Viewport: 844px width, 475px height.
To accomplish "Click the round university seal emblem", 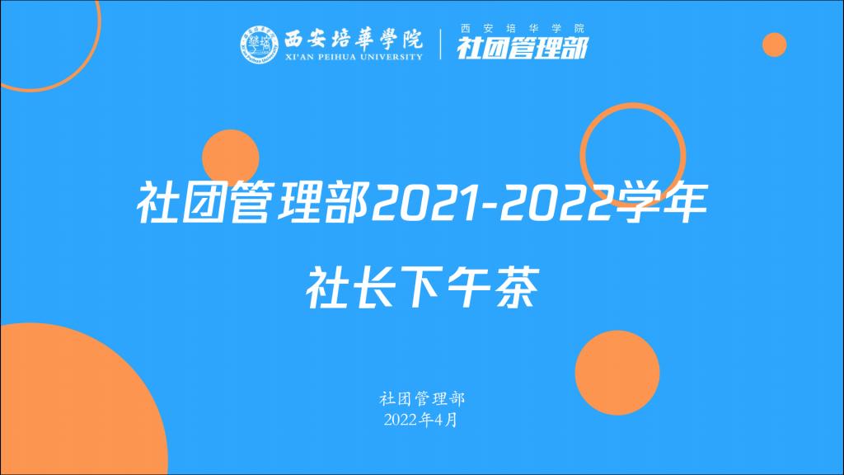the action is coord(259,45).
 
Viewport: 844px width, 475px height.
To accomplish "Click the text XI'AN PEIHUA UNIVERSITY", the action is coord(354,57).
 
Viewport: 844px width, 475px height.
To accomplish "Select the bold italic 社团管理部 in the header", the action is coord(522,47).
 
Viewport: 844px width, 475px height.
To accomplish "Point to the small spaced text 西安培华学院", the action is coord(523,28).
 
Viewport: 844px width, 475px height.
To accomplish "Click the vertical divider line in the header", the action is coord(441,45).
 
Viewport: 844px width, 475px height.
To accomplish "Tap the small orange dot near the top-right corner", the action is coord(774,45).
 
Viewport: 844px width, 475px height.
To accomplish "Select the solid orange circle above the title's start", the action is coord(231,158).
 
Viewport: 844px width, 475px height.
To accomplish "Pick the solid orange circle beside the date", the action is coord(617,373).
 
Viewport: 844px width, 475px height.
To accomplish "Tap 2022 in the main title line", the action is coord(556,203).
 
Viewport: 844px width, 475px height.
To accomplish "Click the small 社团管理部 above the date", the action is coord(421,399).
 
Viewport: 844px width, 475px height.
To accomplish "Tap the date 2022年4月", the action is coord(421,420).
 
